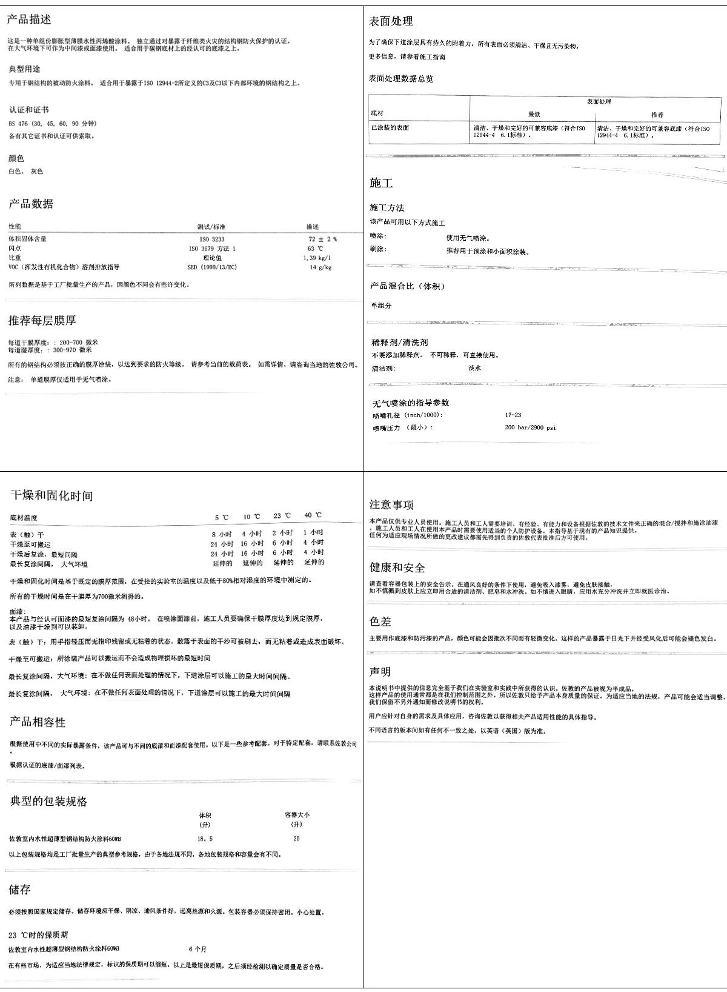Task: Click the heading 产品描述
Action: click(x=29, y=19)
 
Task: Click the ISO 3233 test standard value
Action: click(x=211, y=240)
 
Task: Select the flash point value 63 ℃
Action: click(x=315, y=249)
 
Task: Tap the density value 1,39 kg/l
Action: click(x=317, y=258)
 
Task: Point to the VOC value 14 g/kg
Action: click(x=320, y=267)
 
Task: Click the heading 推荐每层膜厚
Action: click(x=42, y=320)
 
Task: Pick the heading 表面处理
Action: click(x=391, y=21)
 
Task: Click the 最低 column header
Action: click(x=534, y=114)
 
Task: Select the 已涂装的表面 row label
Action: click(x=390, y=128)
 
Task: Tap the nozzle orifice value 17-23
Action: click(x=513, y=415)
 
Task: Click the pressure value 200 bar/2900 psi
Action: click(x=530, y=427)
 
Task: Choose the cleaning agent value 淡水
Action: click(x=475, y=368)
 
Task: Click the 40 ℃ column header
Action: click(x=313, y=515)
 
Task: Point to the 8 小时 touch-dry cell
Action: click(x=221, y=534)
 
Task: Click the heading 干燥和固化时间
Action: click(x=51, y=495)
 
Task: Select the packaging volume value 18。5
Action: click(x=205, y=839)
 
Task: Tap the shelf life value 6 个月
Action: click(x=198, y=949)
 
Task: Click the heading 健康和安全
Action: click(x=397, y=568)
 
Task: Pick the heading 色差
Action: click(x=380, y=622)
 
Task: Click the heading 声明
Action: click(x=380, y=672)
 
